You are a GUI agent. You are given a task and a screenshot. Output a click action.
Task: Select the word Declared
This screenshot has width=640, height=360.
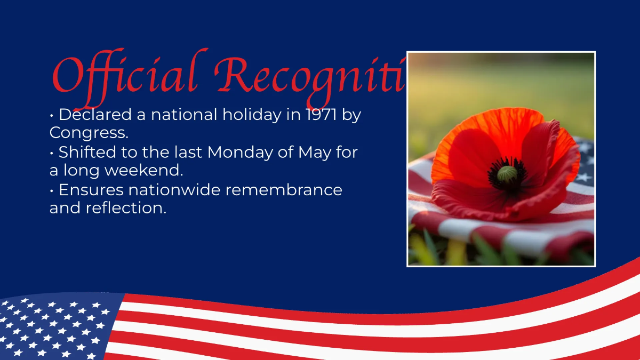pos(94,115)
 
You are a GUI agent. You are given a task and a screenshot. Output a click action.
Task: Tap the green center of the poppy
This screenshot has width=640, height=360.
pos(507,174)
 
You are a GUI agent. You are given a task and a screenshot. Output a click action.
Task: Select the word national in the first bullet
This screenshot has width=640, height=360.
pos(184,115)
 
